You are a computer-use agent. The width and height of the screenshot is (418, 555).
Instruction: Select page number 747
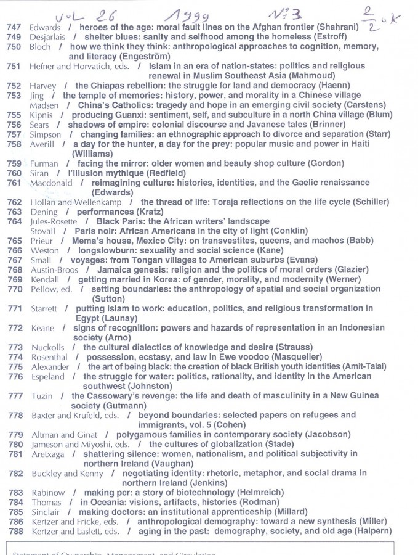click(x=14, y=27)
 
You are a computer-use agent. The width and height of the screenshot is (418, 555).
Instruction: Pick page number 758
click(x=14, y=144)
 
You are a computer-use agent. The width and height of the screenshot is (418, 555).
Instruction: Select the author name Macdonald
click(x=51, y=183)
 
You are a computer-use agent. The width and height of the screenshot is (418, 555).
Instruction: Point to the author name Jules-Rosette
click(x=54, y=221)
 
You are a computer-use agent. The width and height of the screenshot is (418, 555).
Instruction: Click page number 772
click(x=15, y=328)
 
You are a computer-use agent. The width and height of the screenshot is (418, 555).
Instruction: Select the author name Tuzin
click(x=41, y=396)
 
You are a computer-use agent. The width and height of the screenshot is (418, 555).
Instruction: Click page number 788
click(x=15, y=531)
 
